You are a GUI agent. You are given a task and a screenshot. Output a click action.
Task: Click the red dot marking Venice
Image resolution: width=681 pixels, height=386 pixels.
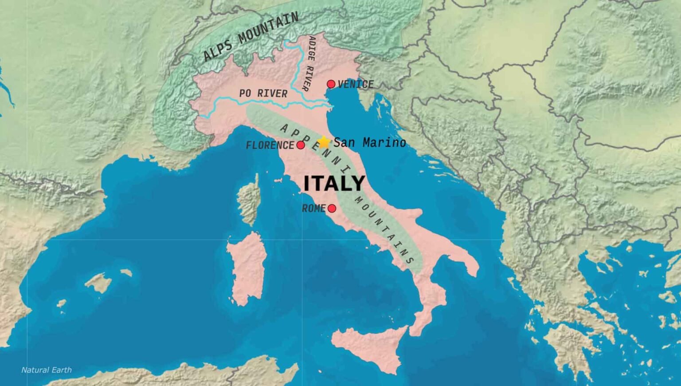point(331,84)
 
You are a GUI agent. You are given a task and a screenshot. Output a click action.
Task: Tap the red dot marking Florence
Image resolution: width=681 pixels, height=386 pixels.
point(301,145)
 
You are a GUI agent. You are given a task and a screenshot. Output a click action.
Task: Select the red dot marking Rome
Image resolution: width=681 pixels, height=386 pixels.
point(332,208)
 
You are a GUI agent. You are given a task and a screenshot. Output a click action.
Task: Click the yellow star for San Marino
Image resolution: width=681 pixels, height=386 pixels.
point(324,142)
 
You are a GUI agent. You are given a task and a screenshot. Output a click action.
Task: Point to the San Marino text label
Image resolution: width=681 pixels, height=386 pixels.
point(369,142)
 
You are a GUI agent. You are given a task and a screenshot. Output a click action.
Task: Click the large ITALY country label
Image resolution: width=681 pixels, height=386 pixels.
point(334,183)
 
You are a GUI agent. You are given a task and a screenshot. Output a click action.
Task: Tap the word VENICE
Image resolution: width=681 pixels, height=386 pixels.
point(356,84)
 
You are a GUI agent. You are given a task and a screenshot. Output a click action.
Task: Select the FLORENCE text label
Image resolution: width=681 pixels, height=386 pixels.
point(270,145)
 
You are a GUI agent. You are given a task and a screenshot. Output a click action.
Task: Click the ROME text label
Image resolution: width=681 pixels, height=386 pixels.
point(313,208)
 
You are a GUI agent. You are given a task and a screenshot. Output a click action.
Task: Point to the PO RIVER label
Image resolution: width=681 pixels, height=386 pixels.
point(263,93)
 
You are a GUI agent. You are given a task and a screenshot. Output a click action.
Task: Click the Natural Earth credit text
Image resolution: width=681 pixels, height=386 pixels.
point(46,370)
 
